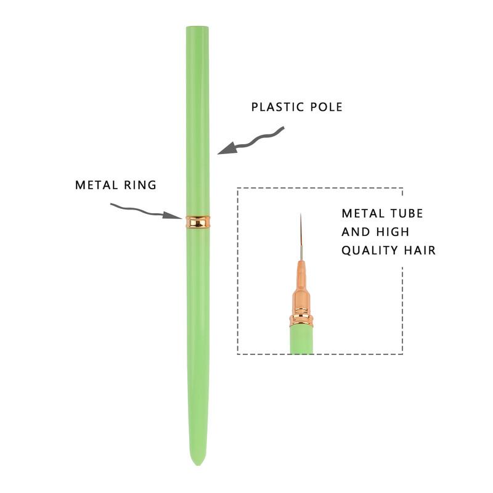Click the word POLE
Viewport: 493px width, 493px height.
(x=326, y=107)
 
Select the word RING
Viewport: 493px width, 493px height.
(x=141, y=185)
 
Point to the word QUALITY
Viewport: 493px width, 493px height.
(x=365, y=251)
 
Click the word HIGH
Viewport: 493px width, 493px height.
(x=393, y=232)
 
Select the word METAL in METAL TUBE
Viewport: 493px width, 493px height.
(x=363, y=213)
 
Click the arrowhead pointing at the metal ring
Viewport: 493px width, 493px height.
(x=173, y=215)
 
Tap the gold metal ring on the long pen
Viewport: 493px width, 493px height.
(x=198, y=222)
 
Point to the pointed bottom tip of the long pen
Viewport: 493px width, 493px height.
(x=198, y=465)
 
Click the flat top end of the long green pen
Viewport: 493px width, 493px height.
(x=197, y=27)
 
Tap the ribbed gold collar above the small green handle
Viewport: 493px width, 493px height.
(x=301, y=318)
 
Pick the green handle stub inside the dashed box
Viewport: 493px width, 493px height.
(x=301, y=340)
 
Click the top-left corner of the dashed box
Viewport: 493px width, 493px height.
(x=238, y=188)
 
